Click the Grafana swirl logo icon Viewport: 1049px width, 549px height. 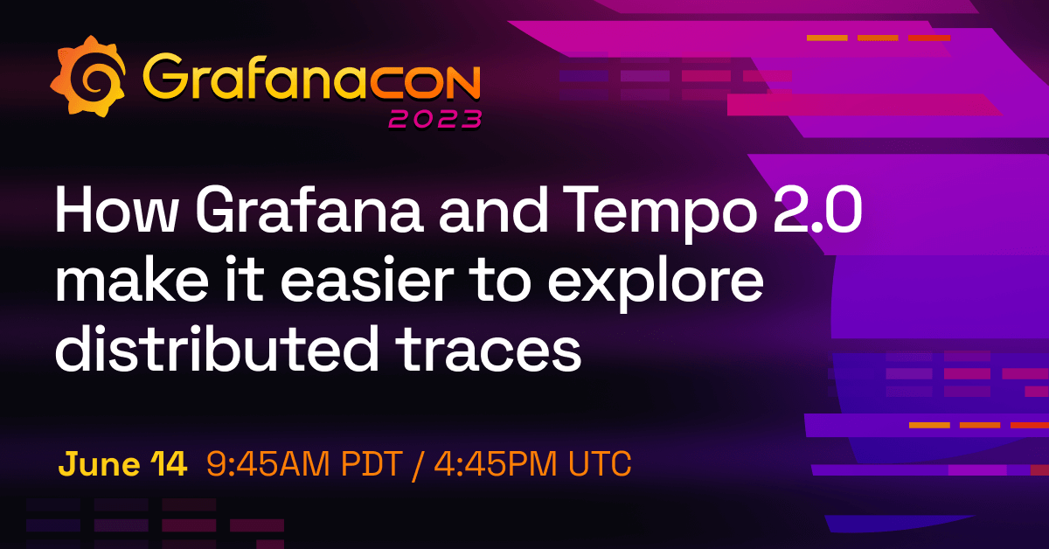[87, 76]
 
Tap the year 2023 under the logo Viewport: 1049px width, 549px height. [435, 120]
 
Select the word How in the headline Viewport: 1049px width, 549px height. [115, 210]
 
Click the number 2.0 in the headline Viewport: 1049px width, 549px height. [817, 209]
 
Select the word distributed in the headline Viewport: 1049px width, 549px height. [217, 349]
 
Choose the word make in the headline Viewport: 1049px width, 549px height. [132, 280]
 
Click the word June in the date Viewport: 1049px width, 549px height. [99, 463]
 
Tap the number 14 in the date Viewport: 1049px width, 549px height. [169, 463]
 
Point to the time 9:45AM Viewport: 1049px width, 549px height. [268, 463]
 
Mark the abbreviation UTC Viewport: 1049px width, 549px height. [600, 463]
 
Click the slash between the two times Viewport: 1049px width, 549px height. [418, 465]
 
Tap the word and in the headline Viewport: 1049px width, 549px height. [494, 210]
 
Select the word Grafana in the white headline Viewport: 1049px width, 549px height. [309, 209]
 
